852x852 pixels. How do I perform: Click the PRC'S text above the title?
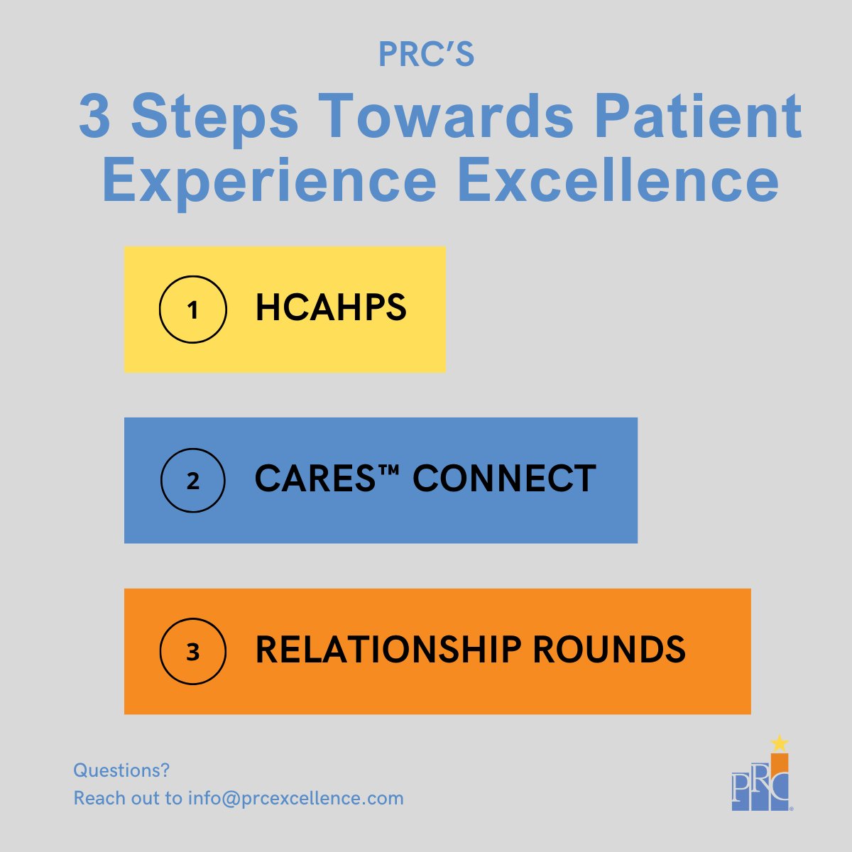pos(426,55)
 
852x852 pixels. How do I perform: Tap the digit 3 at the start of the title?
pos(94,117)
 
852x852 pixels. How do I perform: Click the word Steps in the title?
pos(214,117)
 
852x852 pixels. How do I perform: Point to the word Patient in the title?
pos(697,117)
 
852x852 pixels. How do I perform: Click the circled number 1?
pos(192,310)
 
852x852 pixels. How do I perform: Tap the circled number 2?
pos(192,481)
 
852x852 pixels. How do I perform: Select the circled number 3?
pos(192,652)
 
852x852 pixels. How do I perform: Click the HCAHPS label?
pos(331,309)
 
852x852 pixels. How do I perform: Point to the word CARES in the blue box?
pos(315,479)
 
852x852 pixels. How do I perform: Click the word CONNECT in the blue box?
pos(504,479)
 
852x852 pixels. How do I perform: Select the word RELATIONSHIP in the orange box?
pos(388,650)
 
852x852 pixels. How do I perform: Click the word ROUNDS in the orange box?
pos(608,650)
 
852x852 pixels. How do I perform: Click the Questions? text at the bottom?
pos(121,770)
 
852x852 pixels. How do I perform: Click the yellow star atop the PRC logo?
pos(780,743)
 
